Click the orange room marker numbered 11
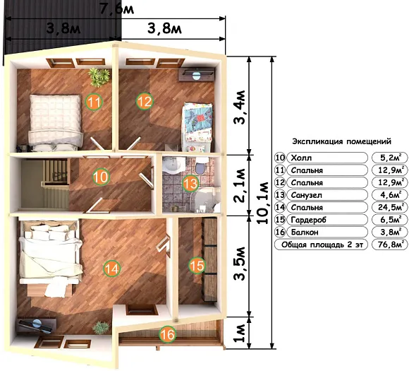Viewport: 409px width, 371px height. click(x=94, y=102)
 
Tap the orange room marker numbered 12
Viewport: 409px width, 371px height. click(x=145, y=102)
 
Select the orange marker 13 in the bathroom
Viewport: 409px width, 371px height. click(x=190, y=184)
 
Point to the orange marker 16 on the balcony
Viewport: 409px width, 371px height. click(x=167, y=334)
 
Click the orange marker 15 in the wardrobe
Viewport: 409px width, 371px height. click(x=197, y=266)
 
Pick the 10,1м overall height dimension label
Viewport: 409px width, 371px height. click(x=262, y=203)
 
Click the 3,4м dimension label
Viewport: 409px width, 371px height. click(x=240, y=107)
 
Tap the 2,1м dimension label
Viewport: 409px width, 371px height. click(x=240, y=186)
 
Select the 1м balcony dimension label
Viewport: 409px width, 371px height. click(x=240, y=333)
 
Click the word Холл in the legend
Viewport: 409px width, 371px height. click(x=301, y=158)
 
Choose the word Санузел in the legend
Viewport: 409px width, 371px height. click(x=307, y=195)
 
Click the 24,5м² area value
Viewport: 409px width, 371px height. click(x=389, y=207)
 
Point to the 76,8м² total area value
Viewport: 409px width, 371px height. click(x=389, y=245)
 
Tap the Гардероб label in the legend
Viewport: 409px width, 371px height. click(x=309, y=220)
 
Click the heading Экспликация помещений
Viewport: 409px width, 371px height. click(x=342, y=142)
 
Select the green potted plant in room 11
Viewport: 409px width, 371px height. click(x=99, y=77)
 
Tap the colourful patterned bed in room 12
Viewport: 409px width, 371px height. click(x=197, y=127)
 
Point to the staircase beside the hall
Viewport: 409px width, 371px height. click(x=45, y=184)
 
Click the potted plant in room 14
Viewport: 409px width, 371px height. click(x=101, y=328)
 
